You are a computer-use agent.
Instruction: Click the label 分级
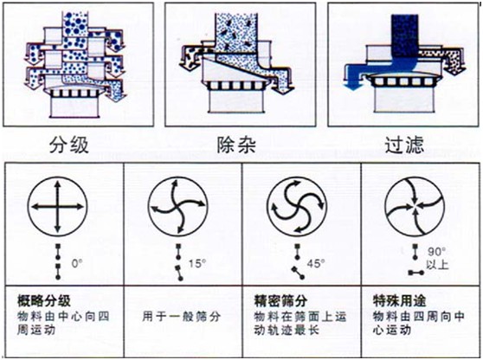click(x=69, y=145)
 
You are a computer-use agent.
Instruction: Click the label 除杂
click(x=236, y=145)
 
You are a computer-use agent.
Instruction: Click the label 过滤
click(x=404, y=145)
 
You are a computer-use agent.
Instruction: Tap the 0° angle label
click(x=77, y=264)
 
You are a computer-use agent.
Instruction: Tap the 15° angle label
click(x=197, y=264)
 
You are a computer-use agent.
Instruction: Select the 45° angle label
click(x=316, y=264)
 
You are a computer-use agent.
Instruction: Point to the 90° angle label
click(x=437, y=252)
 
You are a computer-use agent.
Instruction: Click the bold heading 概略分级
click(x=44, y=301)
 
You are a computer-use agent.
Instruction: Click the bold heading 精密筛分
click(x=280, y=301)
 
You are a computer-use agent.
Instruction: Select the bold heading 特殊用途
click(x=399, y=301)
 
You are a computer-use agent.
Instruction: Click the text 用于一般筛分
click(x=182, y=317)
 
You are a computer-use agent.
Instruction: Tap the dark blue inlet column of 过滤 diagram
click(x=404, y=35)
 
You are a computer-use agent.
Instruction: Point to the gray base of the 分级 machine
click(x=74, y=106)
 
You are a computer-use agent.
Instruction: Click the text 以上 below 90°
click(x=437, y=264)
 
